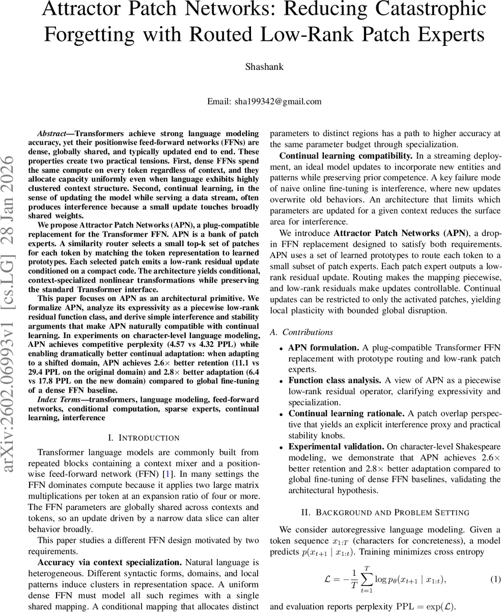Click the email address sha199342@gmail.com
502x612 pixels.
point(278,101)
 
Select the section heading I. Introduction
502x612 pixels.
point(144,438)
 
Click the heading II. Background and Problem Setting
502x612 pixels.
point(385,512)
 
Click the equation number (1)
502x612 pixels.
point(495,579)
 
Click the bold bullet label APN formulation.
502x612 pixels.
point(324,348)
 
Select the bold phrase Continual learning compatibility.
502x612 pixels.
point(346,156)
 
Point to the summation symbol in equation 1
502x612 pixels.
point(365,579)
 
